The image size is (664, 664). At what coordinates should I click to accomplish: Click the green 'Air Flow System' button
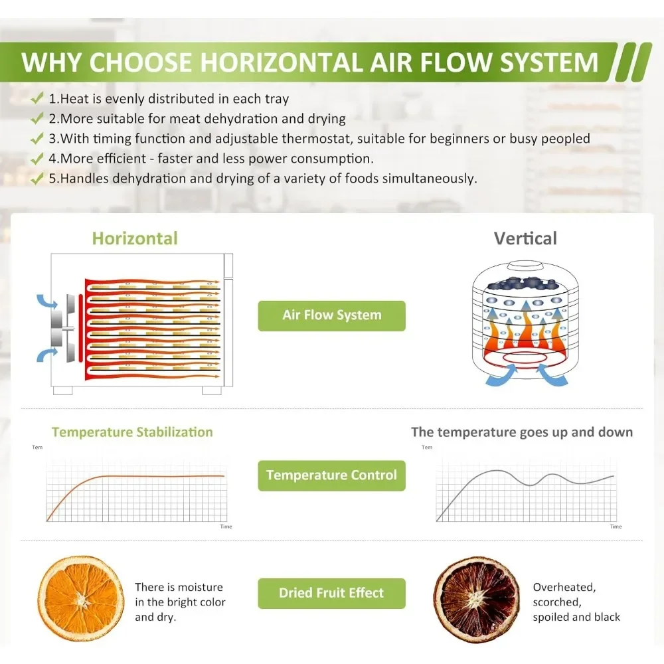[331, 316]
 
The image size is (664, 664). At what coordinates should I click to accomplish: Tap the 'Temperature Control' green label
[331, 475]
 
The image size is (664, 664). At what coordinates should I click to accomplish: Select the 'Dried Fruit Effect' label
[331, 593]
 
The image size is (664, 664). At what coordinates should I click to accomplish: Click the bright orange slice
[81, 598]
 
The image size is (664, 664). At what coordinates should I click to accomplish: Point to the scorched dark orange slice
[476, 599]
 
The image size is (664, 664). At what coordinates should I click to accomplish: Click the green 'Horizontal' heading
[135, 238]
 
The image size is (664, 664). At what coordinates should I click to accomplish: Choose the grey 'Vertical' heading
[525, 238]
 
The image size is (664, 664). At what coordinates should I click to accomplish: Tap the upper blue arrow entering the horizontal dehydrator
[46, 301]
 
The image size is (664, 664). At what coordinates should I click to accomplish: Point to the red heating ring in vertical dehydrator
[525, 359]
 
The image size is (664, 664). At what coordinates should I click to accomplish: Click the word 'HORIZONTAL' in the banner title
[282, 62]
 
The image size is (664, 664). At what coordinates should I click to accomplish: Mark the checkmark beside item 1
[37, 98]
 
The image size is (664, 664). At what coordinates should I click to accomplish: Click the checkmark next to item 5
[37, 178]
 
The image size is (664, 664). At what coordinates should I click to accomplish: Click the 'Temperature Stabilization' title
[132, 432]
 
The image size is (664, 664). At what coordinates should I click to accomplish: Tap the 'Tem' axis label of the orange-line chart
[37, 447]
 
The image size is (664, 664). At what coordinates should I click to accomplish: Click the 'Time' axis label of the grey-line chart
[616, 527]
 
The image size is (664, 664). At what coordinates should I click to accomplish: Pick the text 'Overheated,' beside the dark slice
[564, 588]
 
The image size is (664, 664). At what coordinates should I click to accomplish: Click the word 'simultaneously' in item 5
[428, 179]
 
